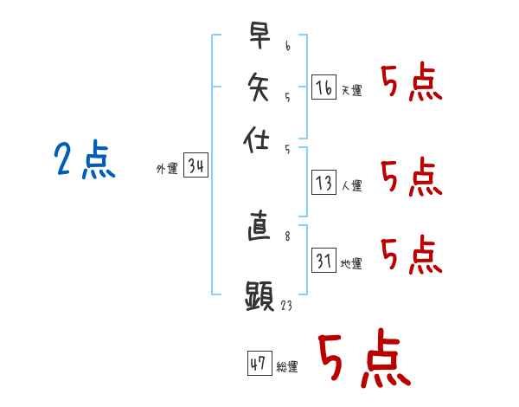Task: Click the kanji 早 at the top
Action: (x=259, y=36)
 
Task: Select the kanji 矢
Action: (x=259, y=87)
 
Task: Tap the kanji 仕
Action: (x=256, y=139)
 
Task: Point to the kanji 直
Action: (x=259, y=225)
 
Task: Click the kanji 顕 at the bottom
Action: (x=259, y=295)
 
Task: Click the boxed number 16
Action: (x=324, y=87)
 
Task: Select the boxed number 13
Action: (x=324, y=183)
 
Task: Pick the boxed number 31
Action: (x=324, y=260)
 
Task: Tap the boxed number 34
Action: (x=196, y=165)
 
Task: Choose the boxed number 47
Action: (x=259, y=363)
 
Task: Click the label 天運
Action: (x=352, y=90)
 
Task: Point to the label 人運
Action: (x=352, y=185)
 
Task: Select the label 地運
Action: (x=351, y=263)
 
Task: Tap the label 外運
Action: (x=167, y=168)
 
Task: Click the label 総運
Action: (x=287, y=366)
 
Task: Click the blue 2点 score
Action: (x=85, y=159)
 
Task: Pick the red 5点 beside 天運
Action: (x=412, y=81)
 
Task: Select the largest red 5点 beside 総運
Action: (x=365, y=358)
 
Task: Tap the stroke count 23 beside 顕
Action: (x=286, y=305)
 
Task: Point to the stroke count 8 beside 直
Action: (x=287, y=236)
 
